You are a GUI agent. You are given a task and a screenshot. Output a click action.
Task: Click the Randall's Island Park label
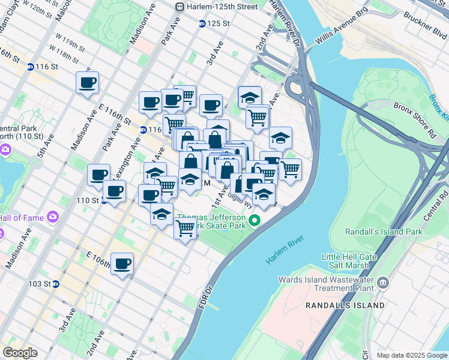pyautogui.click(x=384, y=232)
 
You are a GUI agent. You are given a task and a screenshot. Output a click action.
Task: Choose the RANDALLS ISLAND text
pyautogui.click(x=345, y=305)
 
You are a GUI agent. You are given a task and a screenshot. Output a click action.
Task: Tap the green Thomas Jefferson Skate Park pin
pyautogui.click(x=255, y=221)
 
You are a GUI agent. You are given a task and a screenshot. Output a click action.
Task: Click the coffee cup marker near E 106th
pyautogui.click(x=122, y=263)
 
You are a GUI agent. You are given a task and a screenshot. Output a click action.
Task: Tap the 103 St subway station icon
pyautogui.click(x=55, y=284)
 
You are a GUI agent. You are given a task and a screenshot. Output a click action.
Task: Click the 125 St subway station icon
pyautogui.click(x=202, y=23)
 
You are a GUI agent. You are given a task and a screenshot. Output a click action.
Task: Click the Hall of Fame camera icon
pyautogui.click(x=53, y=217)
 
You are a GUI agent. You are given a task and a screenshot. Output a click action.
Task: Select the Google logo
pyautogui.click(x=20, y=353)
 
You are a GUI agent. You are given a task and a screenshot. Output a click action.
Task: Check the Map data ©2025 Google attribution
pyautogui.click(x=412, y=355)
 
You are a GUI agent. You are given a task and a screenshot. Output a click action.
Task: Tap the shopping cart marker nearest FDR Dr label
pyautogui.click(x=185, y=228)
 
